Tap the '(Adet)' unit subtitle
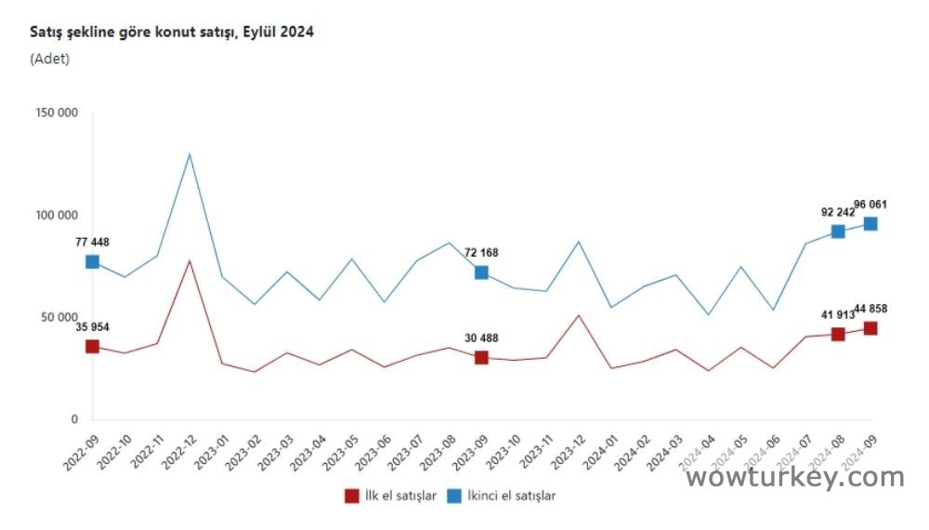pos(50,59)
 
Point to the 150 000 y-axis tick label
pos(58,113)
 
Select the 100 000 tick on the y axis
pos(58,216)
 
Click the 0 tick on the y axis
pos(74,420)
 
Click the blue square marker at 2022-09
pos(92,261)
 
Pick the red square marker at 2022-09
pos(92,346)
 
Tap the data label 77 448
pos(92,243)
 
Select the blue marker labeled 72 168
pos(481,272)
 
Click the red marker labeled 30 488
pos(481,357)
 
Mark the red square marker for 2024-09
pos(870,328)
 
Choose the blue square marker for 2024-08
pos(838,232)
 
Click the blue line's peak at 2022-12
pos(190,153)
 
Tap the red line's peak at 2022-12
pos(190,260)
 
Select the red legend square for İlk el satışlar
pos(351,496)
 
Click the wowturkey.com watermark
pos(794,477)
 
